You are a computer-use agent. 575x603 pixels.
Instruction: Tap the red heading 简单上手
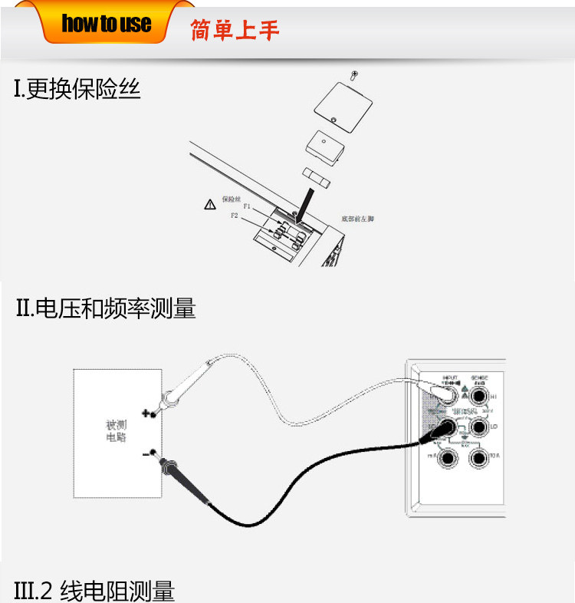pos(235,30)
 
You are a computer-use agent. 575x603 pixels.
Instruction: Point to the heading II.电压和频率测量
pos(106,309)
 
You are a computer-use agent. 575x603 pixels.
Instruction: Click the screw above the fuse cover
pos(353,75)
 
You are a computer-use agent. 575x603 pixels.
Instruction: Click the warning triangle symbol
pos(209,205)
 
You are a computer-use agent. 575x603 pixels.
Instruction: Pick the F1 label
pos(247,206)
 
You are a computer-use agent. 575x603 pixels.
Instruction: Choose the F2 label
pos(235,216)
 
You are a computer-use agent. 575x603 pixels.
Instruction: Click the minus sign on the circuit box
pos(146,454)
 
